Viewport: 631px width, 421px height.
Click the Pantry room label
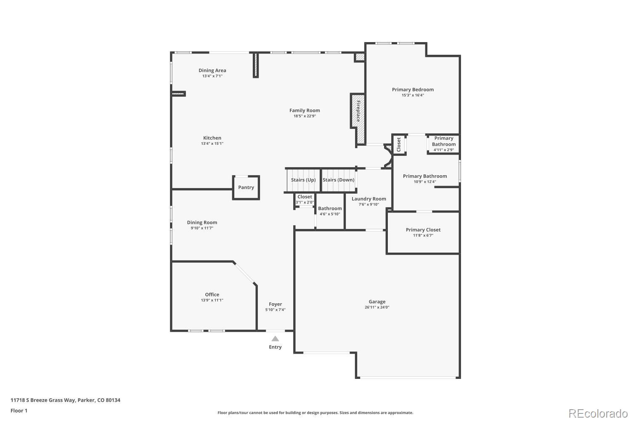(246, 187)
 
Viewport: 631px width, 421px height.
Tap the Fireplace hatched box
(358, 111)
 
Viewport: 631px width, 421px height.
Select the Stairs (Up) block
(303, 180)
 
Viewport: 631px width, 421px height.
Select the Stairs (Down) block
(339, 180)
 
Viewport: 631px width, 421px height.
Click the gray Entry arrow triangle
(275, 338)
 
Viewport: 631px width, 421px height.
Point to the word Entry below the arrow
(275, 347)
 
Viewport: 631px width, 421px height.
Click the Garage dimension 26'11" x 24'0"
(377, 307)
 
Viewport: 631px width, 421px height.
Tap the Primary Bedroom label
(413, 90)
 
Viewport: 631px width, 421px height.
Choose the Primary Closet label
(423, 230)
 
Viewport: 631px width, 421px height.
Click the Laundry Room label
(369, 199)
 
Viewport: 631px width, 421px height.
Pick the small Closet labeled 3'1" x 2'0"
(305, 200)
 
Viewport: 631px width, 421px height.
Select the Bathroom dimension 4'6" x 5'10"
(330, 214)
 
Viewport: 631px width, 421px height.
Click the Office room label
(212, 295)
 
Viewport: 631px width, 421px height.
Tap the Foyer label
(276, 304)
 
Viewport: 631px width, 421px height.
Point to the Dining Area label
(212, 71)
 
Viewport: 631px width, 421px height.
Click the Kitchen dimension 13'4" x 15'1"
(212, 144)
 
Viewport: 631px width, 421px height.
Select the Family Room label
(305, 111)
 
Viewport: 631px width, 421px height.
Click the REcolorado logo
(598, 413)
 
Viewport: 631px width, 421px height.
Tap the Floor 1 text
(19, 410)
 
